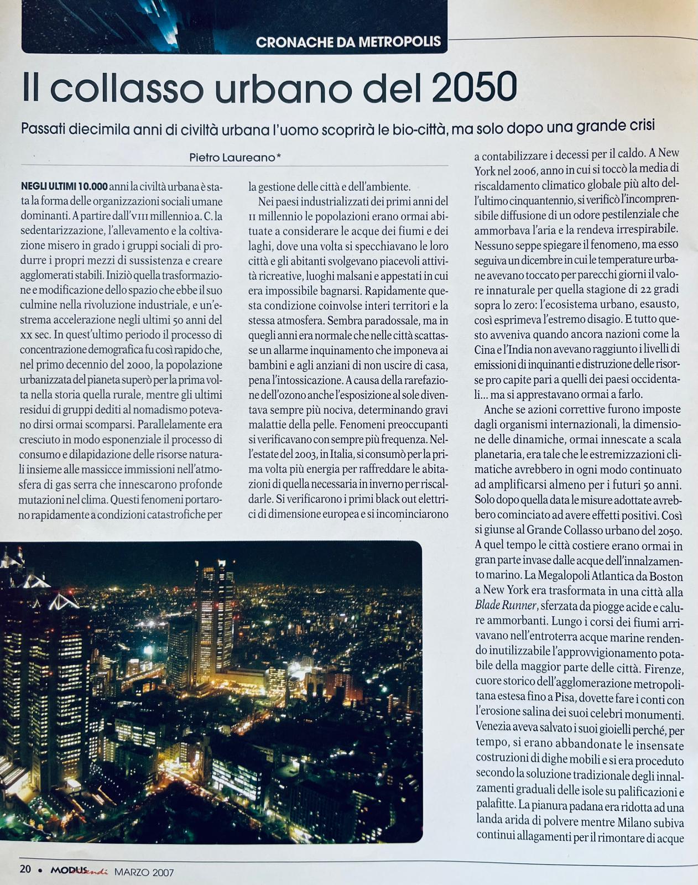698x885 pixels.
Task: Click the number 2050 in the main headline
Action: (x=475, y=87)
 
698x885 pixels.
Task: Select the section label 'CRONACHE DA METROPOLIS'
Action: (x=348, y=42)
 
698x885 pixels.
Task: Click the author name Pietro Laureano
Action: (x=232, y=158)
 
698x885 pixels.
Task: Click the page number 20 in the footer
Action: (x=25, y=868)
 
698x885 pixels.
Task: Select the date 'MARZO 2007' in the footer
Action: (x=144, y=872)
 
